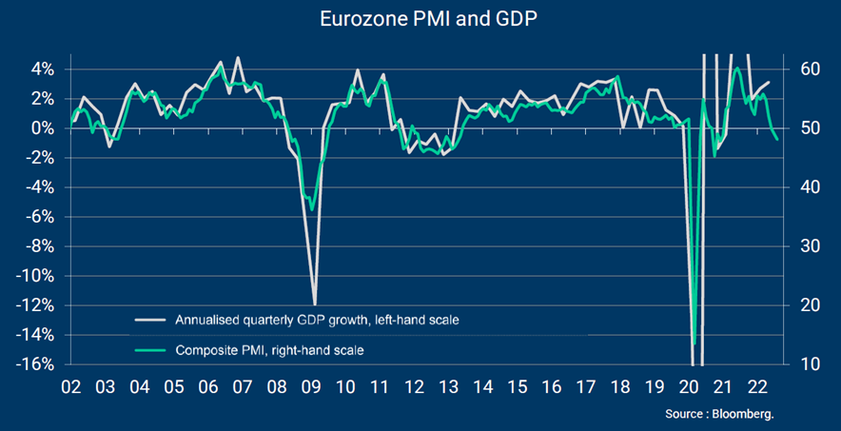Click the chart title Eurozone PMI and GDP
420,19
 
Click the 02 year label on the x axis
70,388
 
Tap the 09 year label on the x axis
312,388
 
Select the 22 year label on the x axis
758,388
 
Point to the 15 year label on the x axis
518,388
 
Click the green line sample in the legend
149,351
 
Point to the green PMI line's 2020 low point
694,343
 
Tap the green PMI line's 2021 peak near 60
737,69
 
